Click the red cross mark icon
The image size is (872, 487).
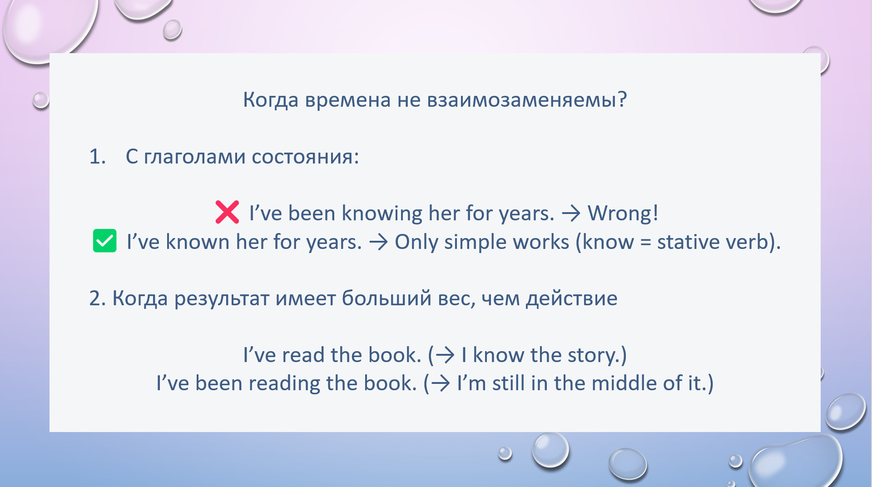click(227, 212)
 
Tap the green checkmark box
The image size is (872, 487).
click(104, 241)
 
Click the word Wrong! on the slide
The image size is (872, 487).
click(623, 213)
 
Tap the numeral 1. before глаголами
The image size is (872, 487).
click(98, 157)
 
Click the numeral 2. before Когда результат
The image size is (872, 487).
click(98, 298)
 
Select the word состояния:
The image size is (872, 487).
click(305, 157)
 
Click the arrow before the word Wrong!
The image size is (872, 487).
click(571, 213)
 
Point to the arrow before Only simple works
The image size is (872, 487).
click(378, 242)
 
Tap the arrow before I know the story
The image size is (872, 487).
click(445, 355)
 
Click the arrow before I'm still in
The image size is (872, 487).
click(441, 383)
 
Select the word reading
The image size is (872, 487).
click(284, 384)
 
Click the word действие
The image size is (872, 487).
click(571, 299)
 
